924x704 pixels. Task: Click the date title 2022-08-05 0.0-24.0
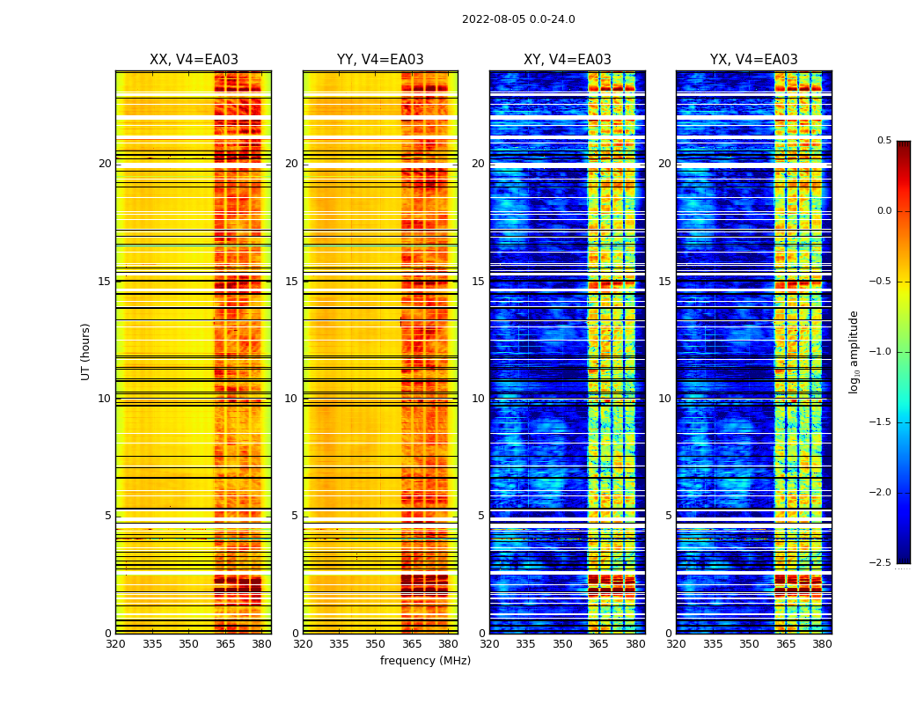518,19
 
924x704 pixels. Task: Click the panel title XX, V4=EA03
194,60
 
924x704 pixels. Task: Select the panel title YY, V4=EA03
380,60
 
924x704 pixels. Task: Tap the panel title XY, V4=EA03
568,60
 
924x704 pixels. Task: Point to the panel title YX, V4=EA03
754,60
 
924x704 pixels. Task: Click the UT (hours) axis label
85,351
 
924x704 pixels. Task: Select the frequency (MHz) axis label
425,661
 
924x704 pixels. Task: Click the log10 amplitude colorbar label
853,351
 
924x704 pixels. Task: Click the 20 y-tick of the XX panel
105,164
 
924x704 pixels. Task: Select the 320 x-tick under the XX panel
115,644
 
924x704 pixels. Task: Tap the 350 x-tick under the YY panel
376,644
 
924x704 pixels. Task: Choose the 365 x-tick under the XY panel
598,644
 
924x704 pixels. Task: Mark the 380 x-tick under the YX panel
822,644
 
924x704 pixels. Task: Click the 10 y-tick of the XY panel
479,399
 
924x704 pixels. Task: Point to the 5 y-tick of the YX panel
669,516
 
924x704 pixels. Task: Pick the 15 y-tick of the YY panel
291,282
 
